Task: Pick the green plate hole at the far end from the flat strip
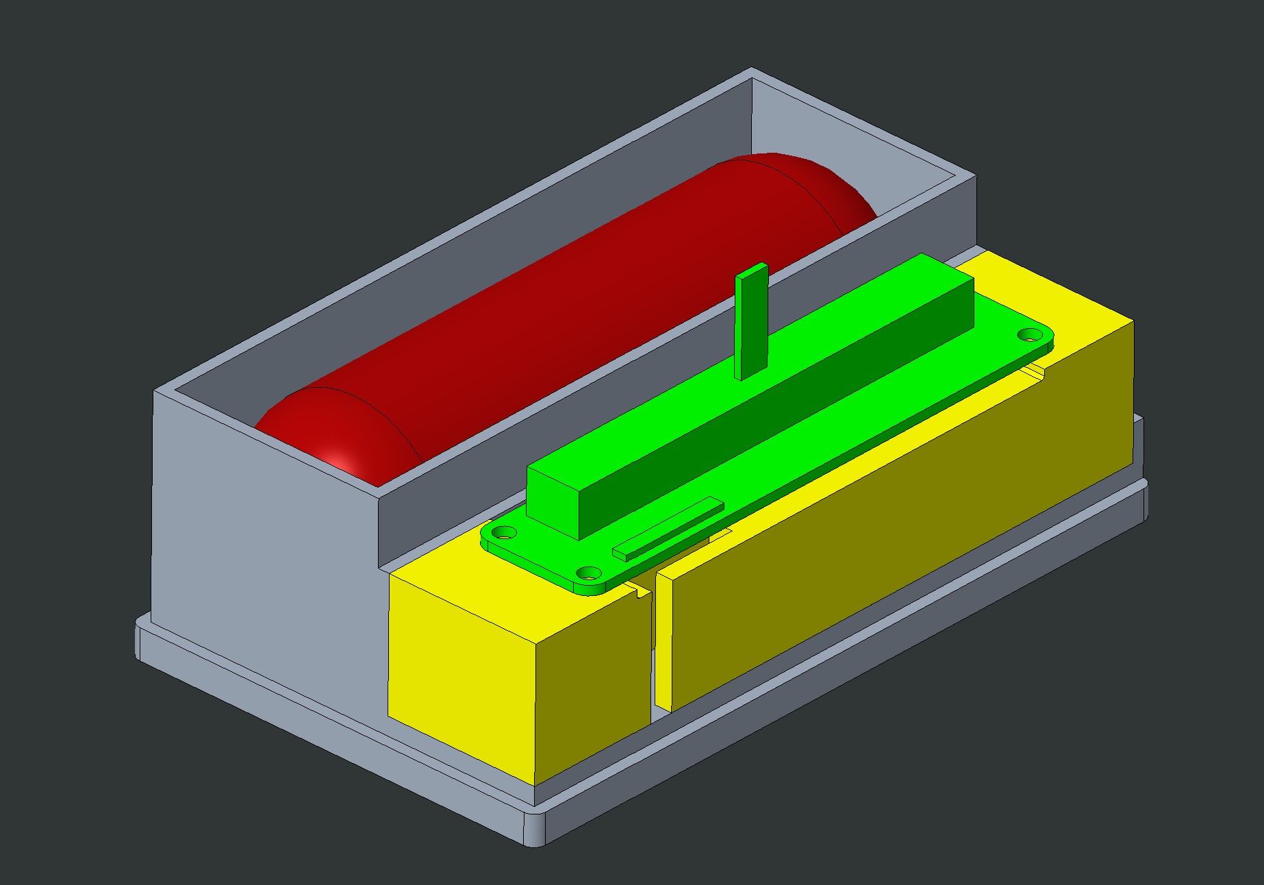pyautogui.click(x=1029, y=335)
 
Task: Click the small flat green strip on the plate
pyautogui.click(x=668, y=527)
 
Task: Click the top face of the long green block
pyautogui.click(x=746, y=370)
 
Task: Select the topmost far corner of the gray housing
pyautogui.click(x=752, y=69)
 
